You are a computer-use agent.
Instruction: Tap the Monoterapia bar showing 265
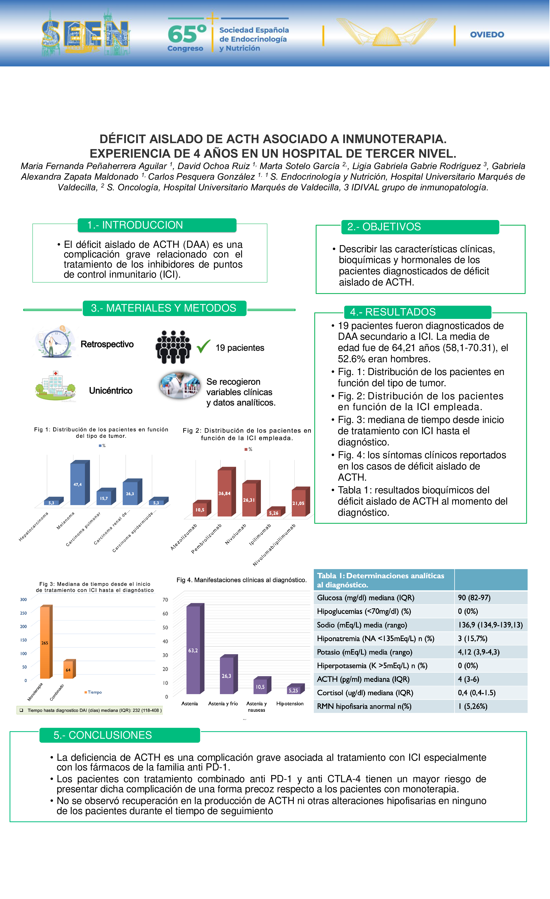(x=45, y=642)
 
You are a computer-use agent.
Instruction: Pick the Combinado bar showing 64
(x=68, y=669)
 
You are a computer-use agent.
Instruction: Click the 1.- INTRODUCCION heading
(x=135, y=225)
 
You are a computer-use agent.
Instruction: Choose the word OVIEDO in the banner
(x=487, y=35)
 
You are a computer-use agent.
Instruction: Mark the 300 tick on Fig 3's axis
(x=23, y=600)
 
